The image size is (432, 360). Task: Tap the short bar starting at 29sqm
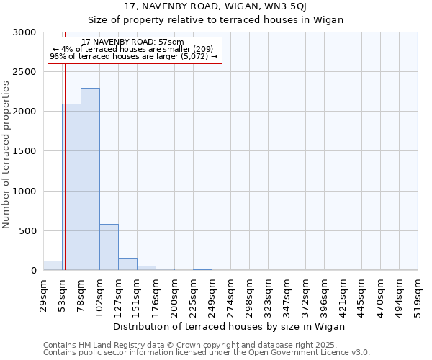coord(53,266)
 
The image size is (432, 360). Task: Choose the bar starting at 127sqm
coord(127,264)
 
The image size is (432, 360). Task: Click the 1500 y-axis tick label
coord(25,152)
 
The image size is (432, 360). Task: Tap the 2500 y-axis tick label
coord(25,72)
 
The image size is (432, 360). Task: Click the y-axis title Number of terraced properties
coord(7,155)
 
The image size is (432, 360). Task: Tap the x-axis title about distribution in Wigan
coord(230,326)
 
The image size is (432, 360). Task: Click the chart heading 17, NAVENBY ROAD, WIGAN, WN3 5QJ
coord(216,6)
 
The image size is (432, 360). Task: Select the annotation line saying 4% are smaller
coord(132,49)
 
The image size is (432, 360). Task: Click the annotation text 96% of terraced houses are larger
coord(133,56)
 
